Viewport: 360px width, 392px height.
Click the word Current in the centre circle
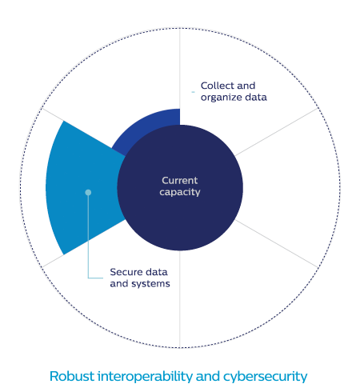click(180, 181)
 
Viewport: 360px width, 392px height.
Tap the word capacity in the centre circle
click(180, 192)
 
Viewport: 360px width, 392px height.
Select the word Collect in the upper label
click(217, 86)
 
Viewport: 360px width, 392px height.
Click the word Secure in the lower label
click(126, 272)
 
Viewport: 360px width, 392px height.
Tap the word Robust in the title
click(72, 376)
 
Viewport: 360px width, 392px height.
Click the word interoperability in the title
click(145, 377)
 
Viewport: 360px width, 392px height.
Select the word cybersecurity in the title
click(265, 377)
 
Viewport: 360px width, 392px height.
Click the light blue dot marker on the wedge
click(88, 192)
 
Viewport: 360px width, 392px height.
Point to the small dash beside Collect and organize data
click(193, 92)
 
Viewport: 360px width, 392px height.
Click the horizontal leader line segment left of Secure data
click(95, 278)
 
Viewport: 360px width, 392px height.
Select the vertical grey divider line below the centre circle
click(180, 299)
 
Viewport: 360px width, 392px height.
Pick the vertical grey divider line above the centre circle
click(180, 77)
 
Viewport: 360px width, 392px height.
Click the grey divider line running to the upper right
click(277, 132)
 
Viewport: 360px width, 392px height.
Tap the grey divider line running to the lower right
click(277, 243)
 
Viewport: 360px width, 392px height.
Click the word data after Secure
click(157, 272)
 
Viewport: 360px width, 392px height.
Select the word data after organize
click(256, 98)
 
